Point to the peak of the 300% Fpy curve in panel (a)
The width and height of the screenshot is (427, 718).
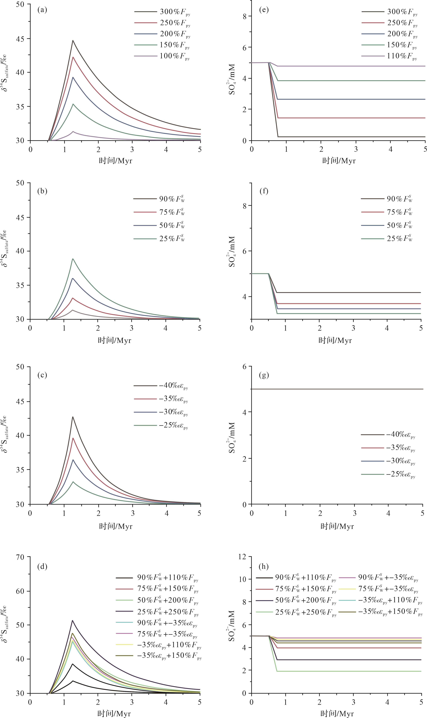point(73,41)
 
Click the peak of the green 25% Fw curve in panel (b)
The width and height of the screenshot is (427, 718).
point(73,259)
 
